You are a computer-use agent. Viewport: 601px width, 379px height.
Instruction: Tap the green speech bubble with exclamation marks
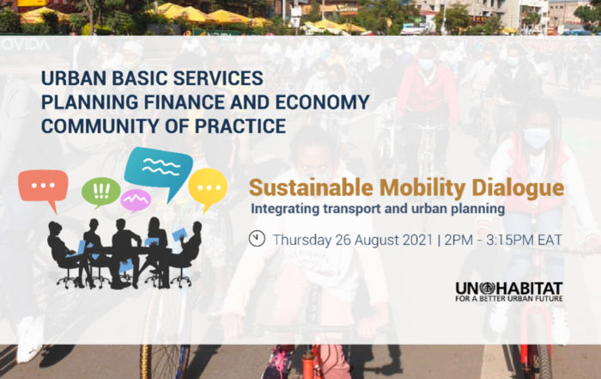101,191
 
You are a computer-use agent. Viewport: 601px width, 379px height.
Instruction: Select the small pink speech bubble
136,200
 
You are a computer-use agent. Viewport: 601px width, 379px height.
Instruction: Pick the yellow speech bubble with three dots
208,186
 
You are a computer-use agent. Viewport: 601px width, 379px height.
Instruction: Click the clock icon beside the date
257,238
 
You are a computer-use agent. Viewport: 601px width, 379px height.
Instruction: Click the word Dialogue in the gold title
518,188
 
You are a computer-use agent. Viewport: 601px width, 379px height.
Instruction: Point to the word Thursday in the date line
302,240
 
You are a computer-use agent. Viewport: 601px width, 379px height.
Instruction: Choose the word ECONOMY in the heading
322,102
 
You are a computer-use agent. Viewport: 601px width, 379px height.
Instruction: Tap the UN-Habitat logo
509,292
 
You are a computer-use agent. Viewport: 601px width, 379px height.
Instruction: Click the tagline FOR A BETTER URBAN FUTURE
509,298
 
